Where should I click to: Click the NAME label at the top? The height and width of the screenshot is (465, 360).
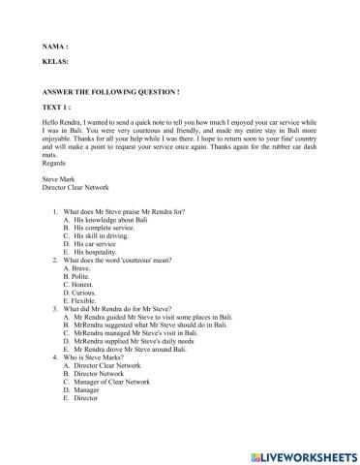coord(55,46)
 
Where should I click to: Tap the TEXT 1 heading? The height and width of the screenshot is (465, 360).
coord(59,108)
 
